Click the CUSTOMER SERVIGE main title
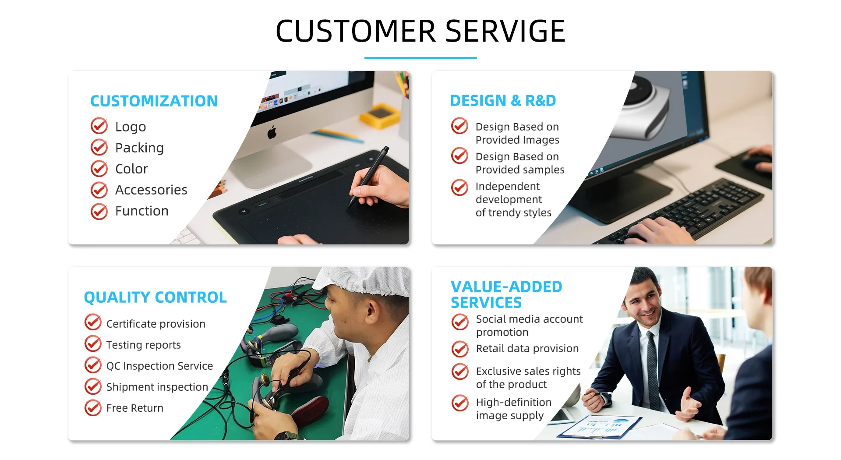420,31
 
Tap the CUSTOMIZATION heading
154,101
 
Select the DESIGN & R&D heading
503,101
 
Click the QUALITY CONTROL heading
155,297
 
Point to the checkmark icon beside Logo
99,126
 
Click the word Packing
139,148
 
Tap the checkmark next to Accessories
99,190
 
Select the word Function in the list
142,211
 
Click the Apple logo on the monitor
272,132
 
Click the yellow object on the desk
380,115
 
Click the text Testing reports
143,345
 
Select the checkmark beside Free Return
93,407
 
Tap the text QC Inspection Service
159,366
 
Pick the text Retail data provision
527,348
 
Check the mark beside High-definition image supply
460,403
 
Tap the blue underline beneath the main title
420,58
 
